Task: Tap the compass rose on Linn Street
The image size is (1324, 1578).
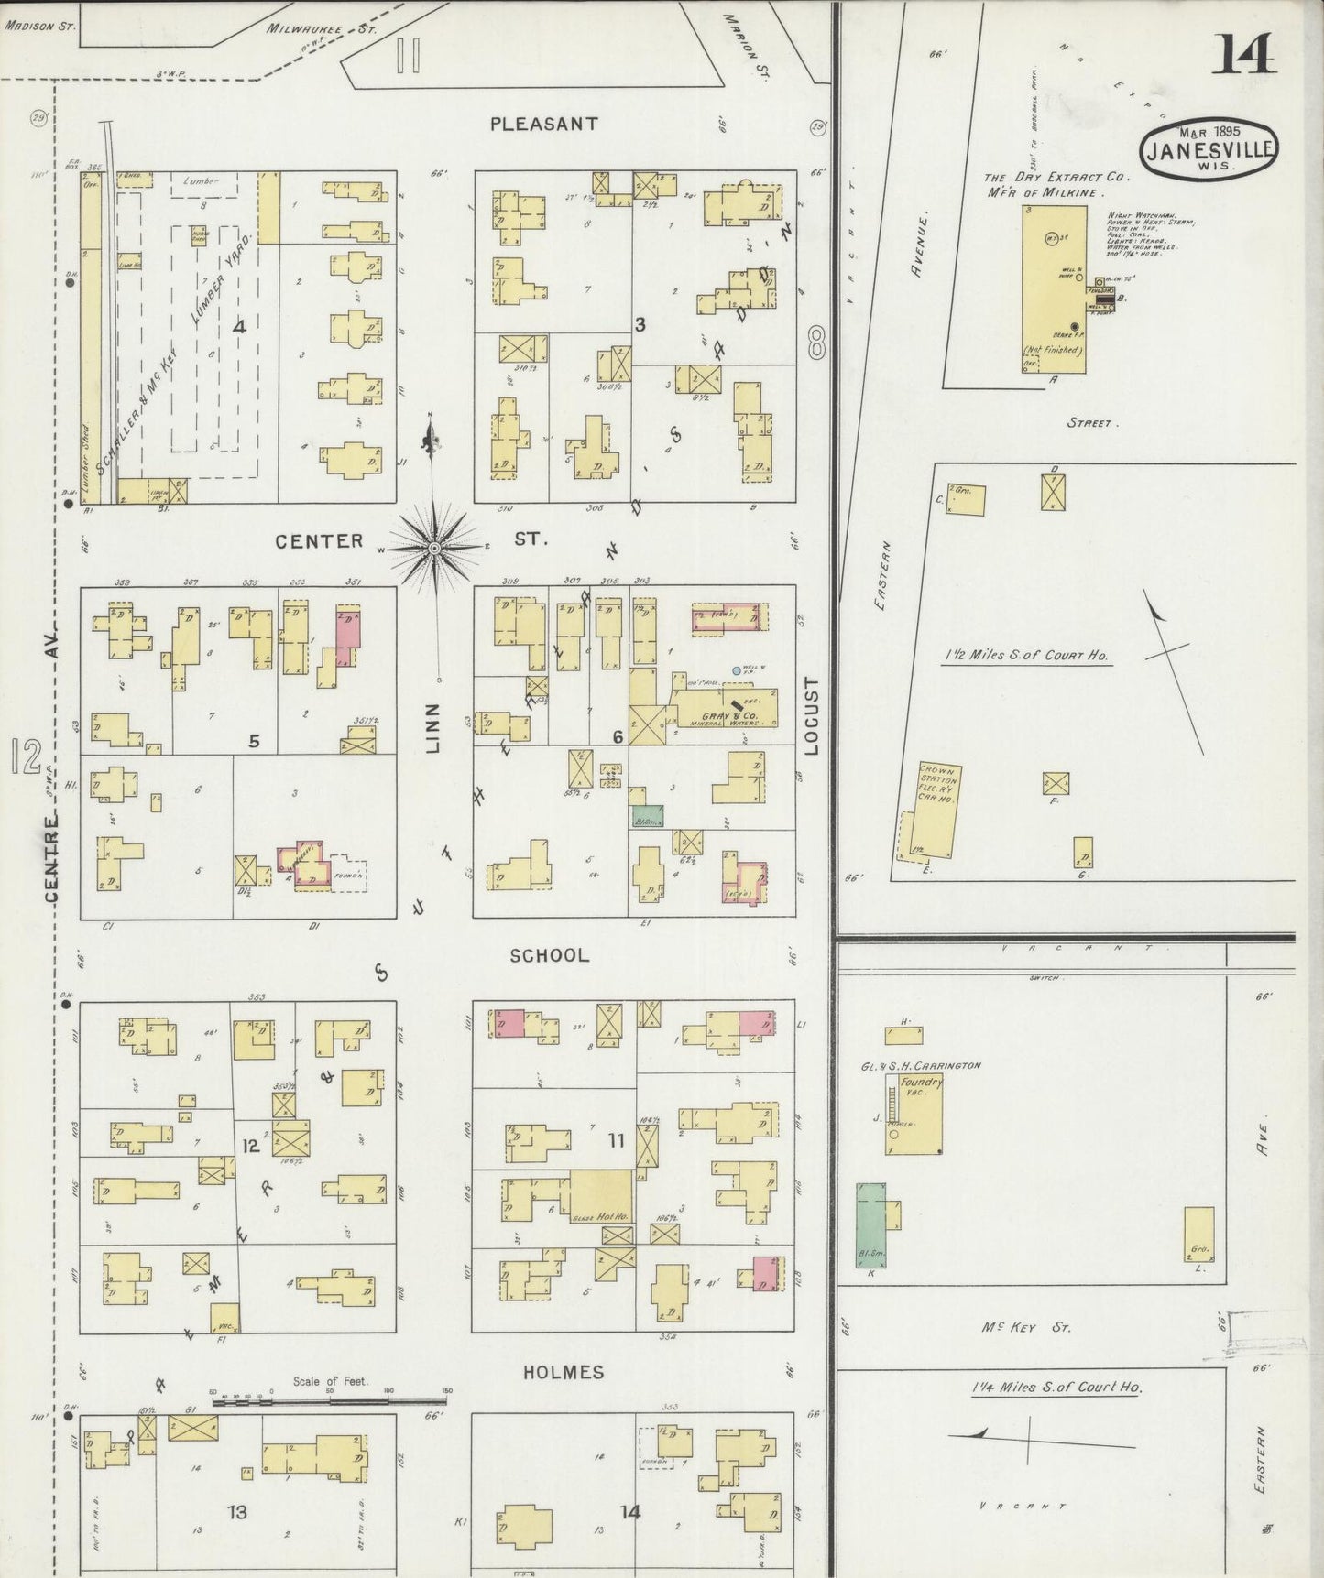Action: click(435, 547)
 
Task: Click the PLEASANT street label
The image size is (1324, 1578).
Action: click(543, 124)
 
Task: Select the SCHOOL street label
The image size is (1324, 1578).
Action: click(549, 955)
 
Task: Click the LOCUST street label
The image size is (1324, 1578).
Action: click(811, 716)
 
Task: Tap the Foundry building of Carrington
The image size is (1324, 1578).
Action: click(914, 1113)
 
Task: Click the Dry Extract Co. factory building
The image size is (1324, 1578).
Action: click(1054, 288)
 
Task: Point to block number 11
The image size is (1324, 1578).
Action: click(616, 1140)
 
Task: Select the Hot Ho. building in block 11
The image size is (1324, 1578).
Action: click(600, 1195)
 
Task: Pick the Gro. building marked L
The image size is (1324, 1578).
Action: click(1198, 1238)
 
